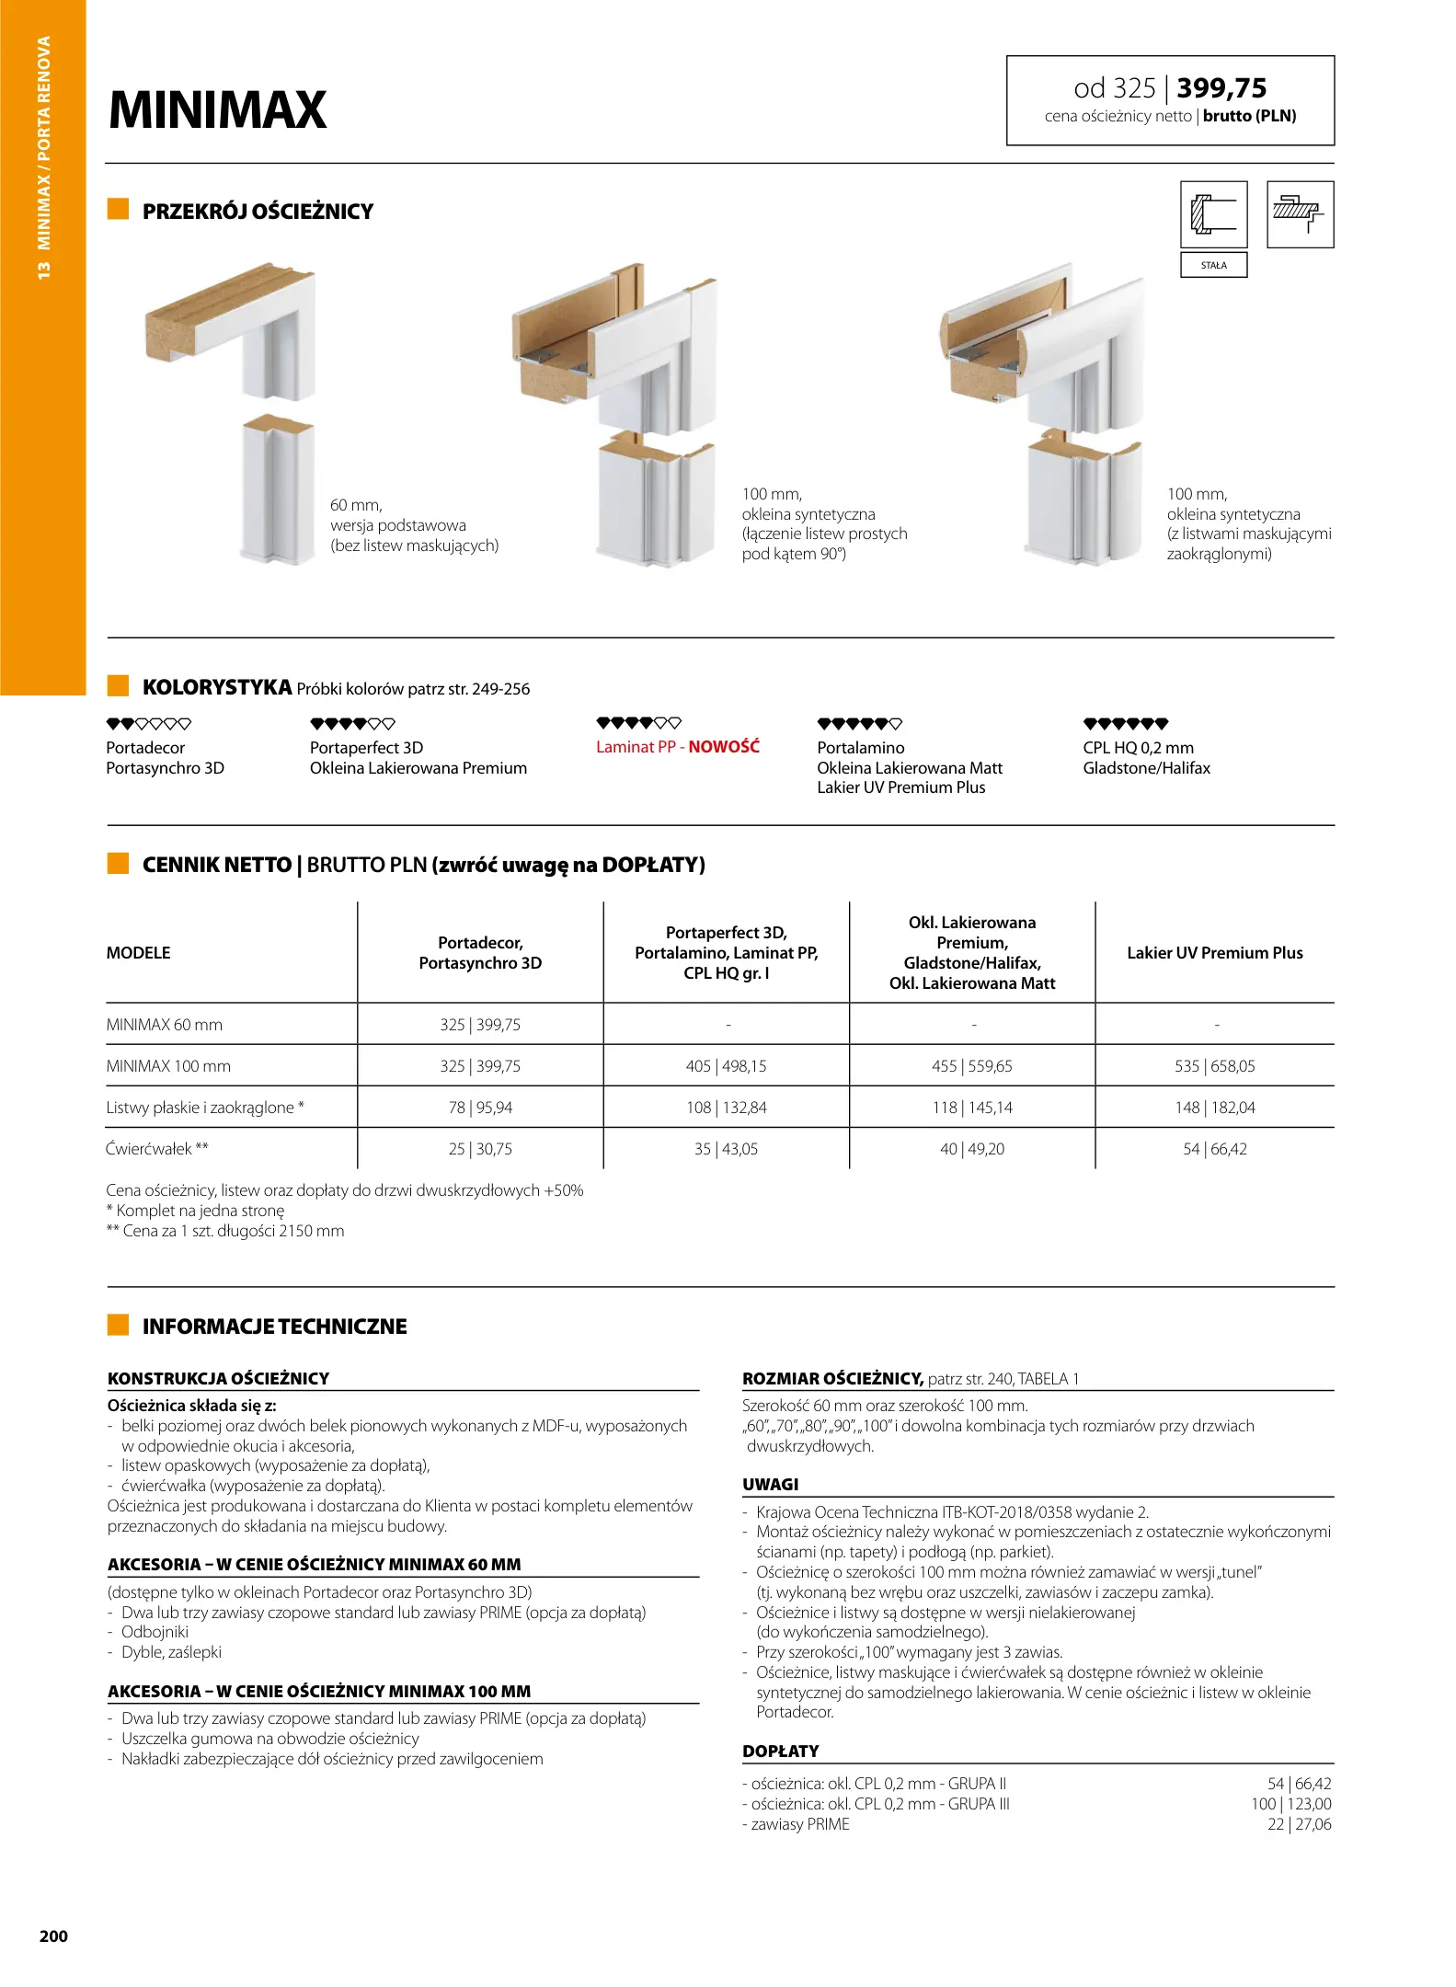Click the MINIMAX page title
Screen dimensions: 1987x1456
point(218,110)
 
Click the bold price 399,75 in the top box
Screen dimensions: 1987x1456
point(1221,88)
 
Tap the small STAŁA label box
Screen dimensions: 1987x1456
point(1213,265)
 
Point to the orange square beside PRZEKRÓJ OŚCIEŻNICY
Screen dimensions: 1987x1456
point(118,210)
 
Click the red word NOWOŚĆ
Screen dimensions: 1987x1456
point(724,747)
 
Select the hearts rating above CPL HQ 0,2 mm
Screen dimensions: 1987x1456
point(1126,724)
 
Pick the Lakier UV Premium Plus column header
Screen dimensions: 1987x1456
point(1214,953)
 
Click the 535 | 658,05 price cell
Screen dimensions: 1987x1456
point(1214,1066)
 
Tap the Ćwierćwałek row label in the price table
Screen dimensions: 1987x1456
point(157,1149)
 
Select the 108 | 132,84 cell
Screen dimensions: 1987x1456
point(726,1108)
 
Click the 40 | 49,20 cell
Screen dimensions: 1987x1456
point(972,1149)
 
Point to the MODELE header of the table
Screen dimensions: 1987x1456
point(138,953)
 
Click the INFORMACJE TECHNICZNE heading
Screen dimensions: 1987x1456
point(274,1327)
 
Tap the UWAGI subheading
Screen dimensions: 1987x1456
point(771,1485)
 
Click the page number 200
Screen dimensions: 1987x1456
point(53,1936)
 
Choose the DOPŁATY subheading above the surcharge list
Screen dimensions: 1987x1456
point(780,1752)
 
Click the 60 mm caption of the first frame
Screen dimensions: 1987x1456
point(356,505)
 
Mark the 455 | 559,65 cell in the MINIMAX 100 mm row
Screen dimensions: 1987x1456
point(971,1066)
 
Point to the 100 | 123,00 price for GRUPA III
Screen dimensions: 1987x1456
point(1290,1804)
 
